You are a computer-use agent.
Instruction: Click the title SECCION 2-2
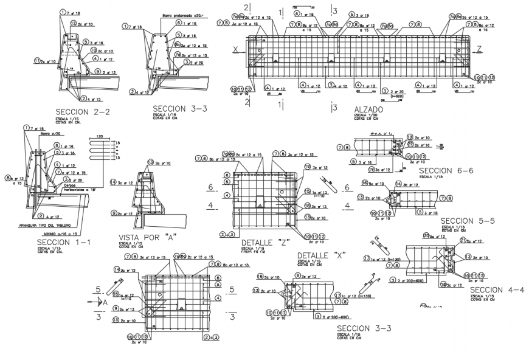pos(82,112)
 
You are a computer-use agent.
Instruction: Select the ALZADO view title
pos(368,109)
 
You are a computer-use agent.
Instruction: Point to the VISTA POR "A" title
pos(145,237)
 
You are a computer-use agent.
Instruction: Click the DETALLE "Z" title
pos(264,242)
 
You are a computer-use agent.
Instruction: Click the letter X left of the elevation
pos(235,48)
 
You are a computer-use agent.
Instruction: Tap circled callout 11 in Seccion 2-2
pos(36,61)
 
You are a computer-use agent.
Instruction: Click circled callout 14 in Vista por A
pos(113,182)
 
